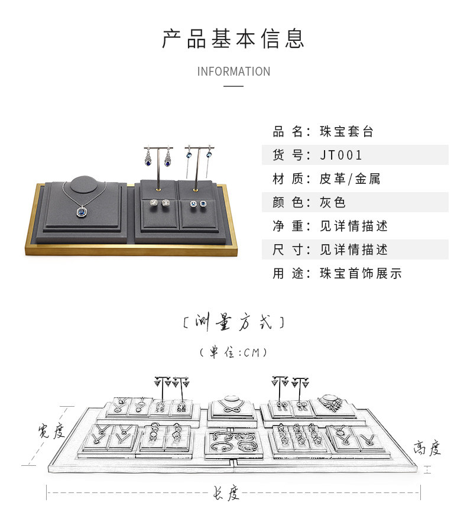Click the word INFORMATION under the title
(234, 72)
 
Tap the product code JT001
(341, 155)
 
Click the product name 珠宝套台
(346, 132)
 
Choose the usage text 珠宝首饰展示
(361, 274)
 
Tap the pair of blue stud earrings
(198, 204)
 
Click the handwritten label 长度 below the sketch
(226, 492)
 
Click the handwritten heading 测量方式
(234, 323)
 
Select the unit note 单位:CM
(234, 353)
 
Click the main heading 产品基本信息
(234, 38)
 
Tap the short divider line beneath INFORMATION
(234, 86)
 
